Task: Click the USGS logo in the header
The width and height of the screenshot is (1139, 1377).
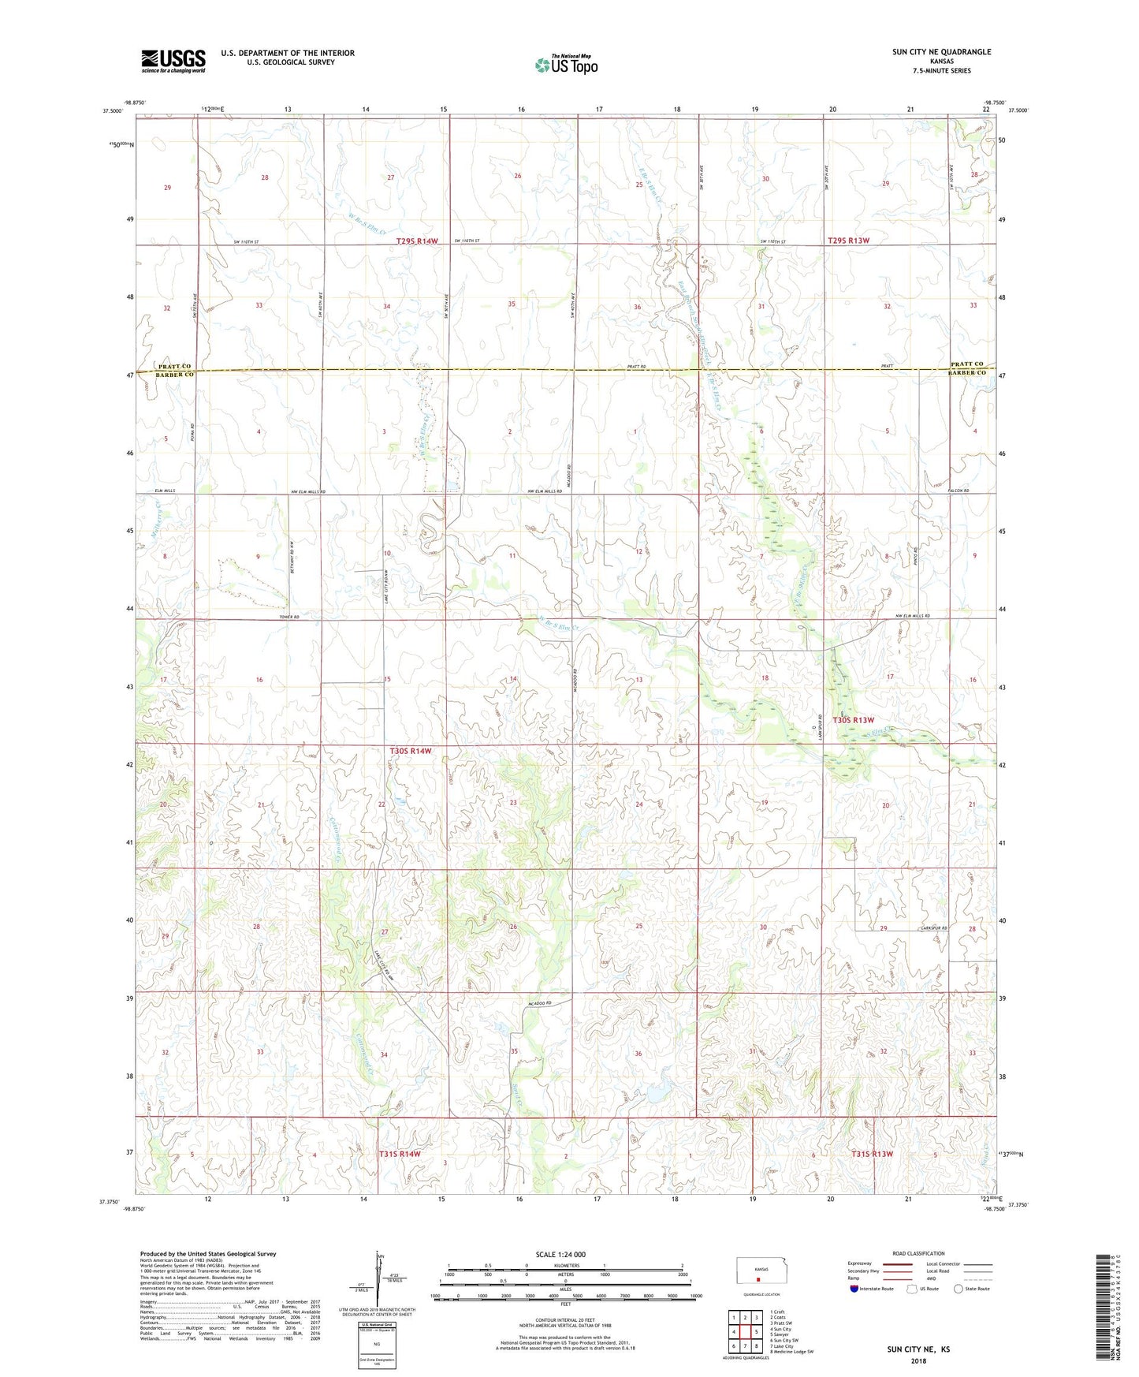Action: (x=173, y=61)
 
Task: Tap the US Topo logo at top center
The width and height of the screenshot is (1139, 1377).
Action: (x=565, y=65)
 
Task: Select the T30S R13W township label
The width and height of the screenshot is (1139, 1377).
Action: (x=854, y=720)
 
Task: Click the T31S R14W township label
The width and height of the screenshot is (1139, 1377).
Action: (x=400, y=1154)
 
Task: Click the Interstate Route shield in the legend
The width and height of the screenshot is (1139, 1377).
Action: (x=854, y=1289)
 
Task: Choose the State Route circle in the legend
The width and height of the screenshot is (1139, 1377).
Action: (x=958, y=1289)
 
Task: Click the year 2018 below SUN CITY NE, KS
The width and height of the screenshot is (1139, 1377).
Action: (x=918, y=1360)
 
